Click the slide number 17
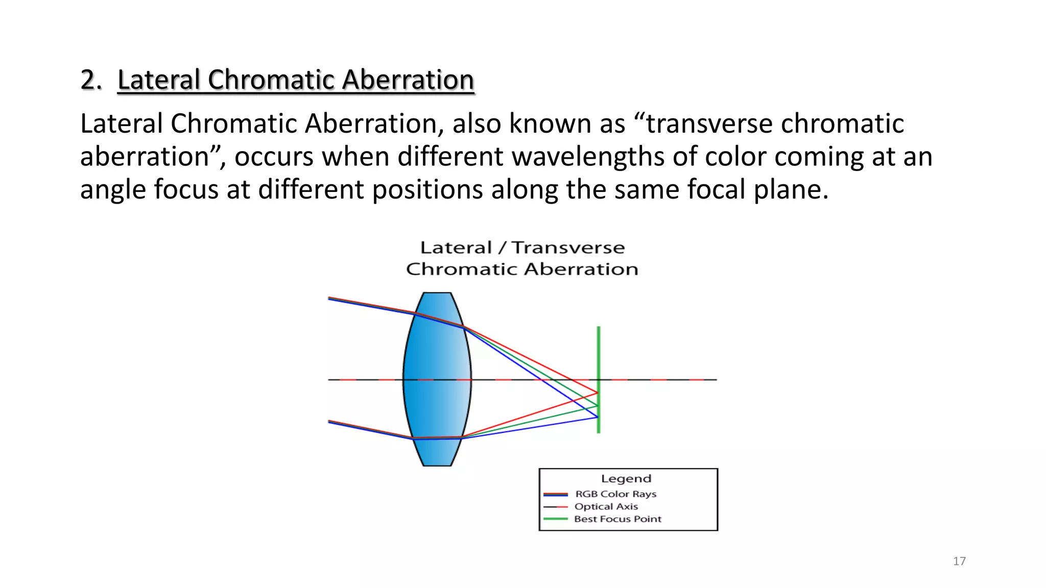tap(959, 561)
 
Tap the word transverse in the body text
tap(710, 124)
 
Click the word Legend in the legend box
tap(626, 479)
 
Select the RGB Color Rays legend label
tap(615, 494)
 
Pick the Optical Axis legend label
tap(606, 506)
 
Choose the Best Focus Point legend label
tap(617, 519)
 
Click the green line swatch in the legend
tap(556, 519)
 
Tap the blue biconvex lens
tap(437, 379)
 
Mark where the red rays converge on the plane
tap(598, 393)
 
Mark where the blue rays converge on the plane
tap(598, 418)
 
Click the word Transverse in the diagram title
tap(568, 248)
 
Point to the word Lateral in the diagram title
tap(456, 248)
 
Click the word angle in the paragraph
tap(113, 189)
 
